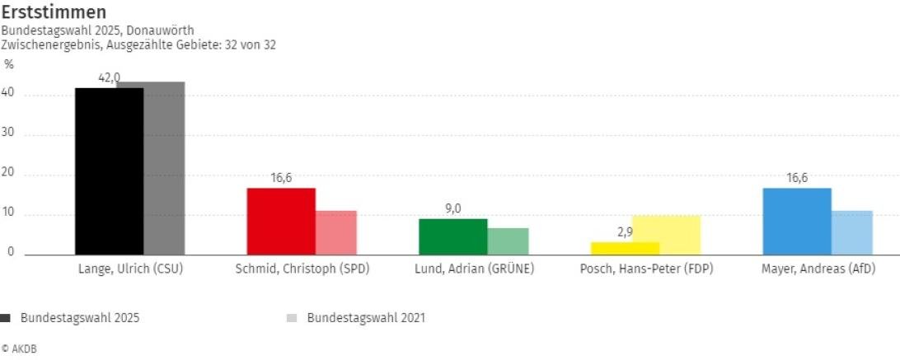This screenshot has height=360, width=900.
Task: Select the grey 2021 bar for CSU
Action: (164, 168)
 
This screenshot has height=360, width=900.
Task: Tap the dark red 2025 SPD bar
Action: (281, 222)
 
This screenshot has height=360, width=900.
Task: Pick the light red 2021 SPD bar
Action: (336, 233)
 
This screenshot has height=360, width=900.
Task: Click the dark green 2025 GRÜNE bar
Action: (452, 236)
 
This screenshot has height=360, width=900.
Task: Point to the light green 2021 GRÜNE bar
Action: (508, 241)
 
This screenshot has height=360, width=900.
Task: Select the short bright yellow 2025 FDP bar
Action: (625, 248)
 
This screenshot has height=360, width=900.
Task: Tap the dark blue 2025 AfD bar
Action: (797, 222)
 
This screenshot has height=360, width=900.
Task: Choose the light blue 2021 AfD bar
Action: (852, 233)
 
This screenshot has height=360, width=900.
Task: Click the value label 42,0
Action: (109, 77)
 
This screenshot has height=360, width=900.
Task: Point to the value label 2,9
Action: (625, 232)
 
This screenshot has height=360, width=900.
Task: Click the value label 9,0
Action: (453, 208)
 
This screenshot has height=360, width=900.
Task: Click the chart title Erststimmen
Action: (54, 12)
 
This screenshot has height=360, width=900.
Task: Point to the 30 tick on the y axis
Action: (10, 134)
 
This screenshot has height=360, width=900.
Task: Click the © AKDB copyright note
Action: (19, 349)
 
